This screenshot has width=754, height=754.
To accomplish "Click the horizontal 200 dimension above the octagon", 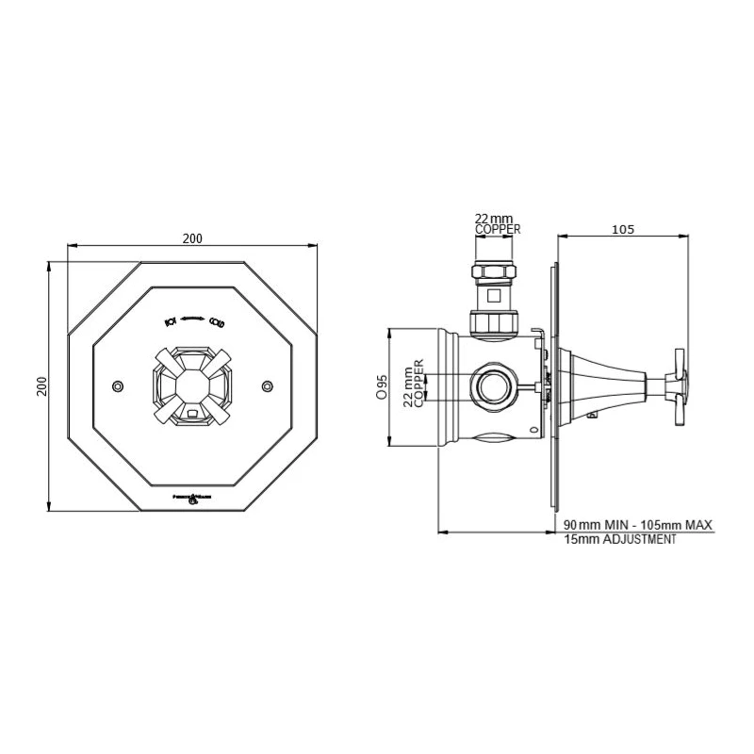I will pos(192,238).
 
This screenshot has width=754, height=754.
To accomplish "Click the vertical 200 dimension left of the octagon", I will pos(41,386).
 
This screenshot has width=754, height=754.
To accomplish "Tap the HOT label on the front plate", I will pos(171,321).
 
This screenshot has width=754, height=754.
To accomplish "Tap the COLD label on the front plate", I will pos(216,321).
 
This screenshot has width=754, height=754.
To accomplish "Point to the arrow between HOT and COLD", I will pos(193,320).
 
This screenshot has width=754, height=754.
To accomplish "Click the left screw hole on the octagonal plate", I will pos(117,386).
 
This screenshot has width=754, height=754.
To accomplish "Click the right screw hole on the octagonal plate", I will pos(268,385).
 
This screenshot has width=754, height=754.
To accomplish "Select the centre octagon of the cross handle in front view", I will pos(192,385).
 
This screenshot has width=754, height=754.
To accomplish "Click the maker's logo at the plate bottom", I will pos(192,497).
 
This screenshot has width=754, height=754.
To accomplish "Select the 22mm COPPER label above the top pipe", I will pos(497,223).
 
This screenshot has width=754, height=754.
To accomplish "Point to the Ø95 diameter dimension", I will pos(382,386).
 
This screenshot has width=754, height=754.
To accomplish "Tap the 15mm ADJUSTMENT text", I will pos(619,540).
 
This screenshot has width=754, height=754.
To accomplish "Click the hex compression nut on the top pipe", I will pos(496,273).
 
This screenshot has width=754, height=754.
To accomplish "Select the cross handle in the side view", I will pos(677,385).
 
